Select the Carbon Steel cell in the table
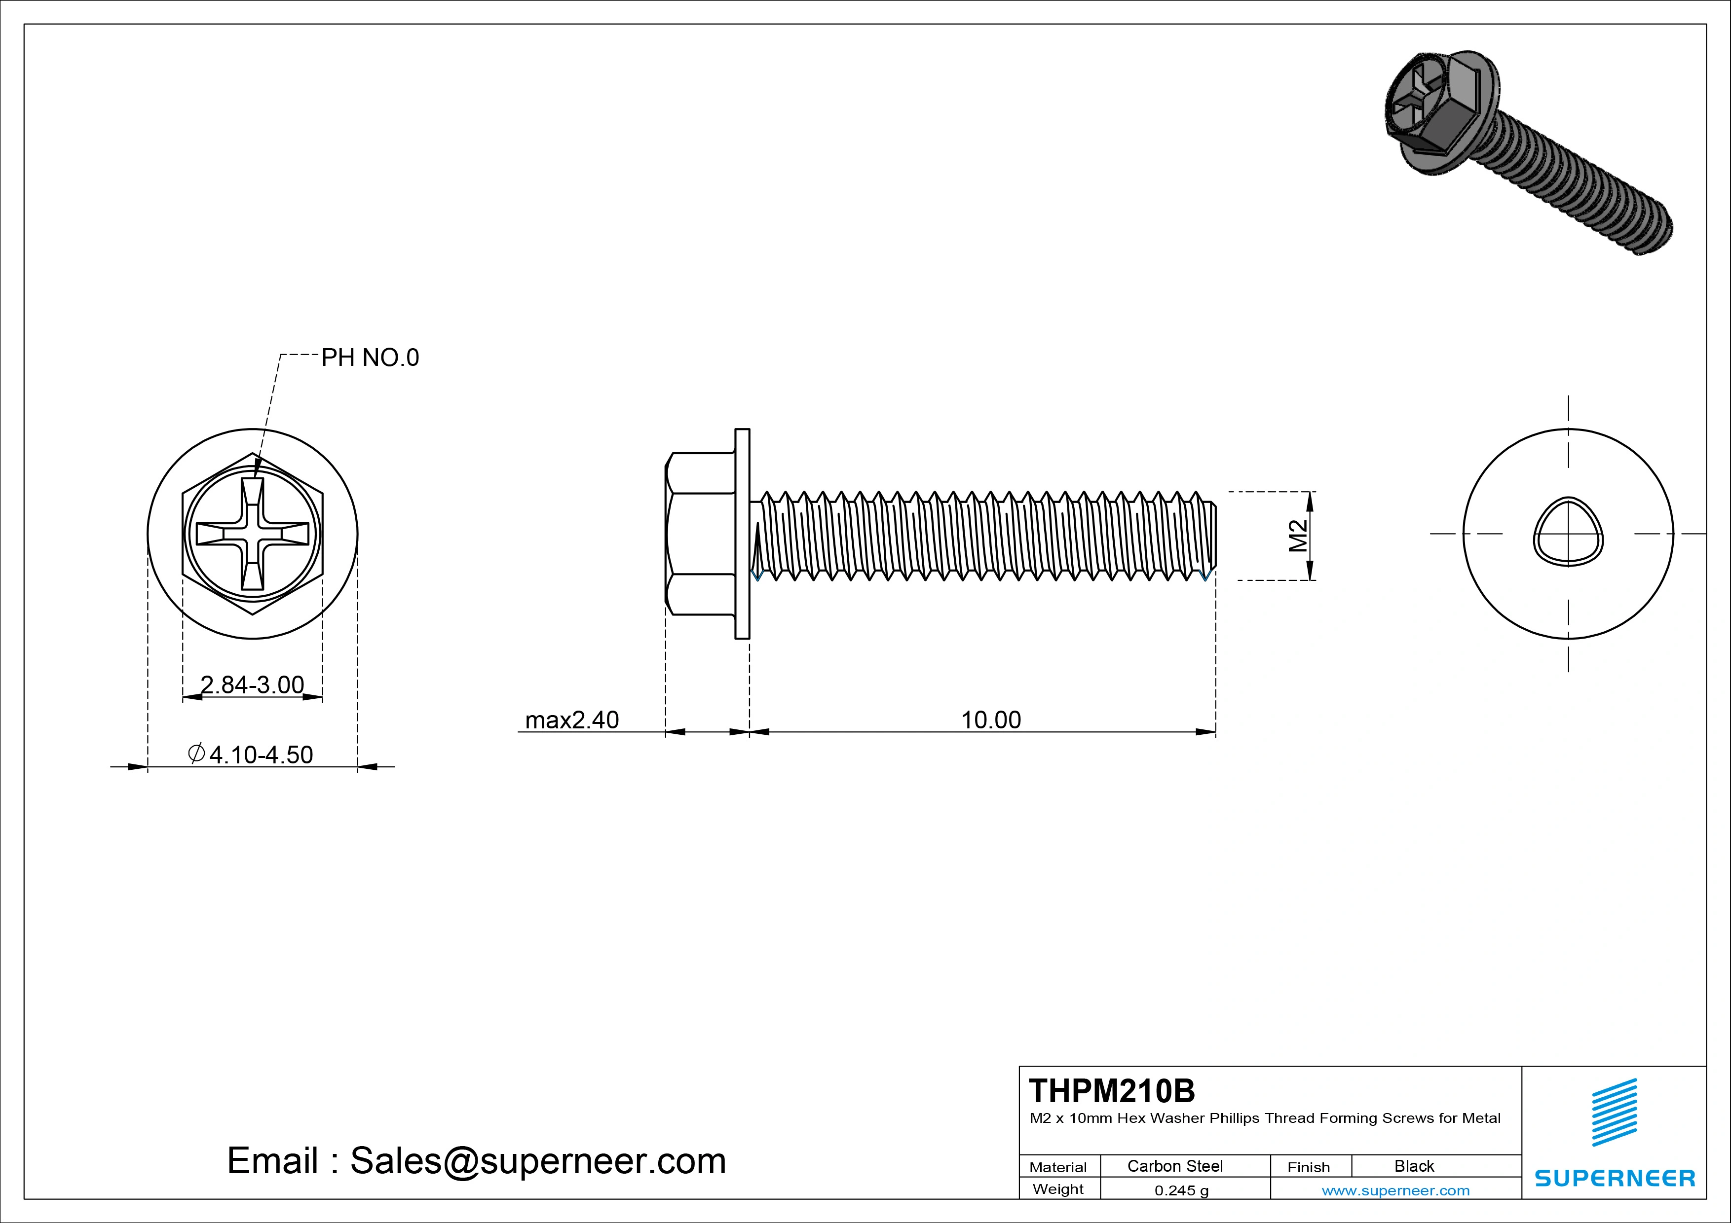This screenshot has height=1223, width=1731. [x=1174, y=1166]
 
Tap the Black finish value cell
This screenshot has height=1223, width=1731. [x=1414, y=1166]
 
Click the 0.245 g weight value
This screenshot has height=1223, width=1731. [x=1181, y=1190]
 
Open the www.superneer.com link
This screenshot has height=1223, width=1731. [x=1395, y=1190]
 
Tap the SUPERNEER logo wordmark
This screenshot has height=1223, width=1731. [x=1614, y=1178]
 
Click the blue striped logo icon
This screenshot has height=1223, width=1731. [x=1614, y=1112]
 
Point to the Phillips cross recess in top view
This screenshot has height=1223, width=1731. [x=253, y=534]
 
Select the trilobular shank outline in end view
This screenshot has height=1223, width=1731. [x=1568, y=531]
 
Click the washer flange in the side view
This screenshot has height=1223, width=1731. [x=742, y=534]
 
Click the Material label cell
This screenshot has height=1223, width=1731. [x=1058, y=1167]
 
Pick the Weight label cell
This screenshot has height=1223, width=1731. [x=1058, y=1189]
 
